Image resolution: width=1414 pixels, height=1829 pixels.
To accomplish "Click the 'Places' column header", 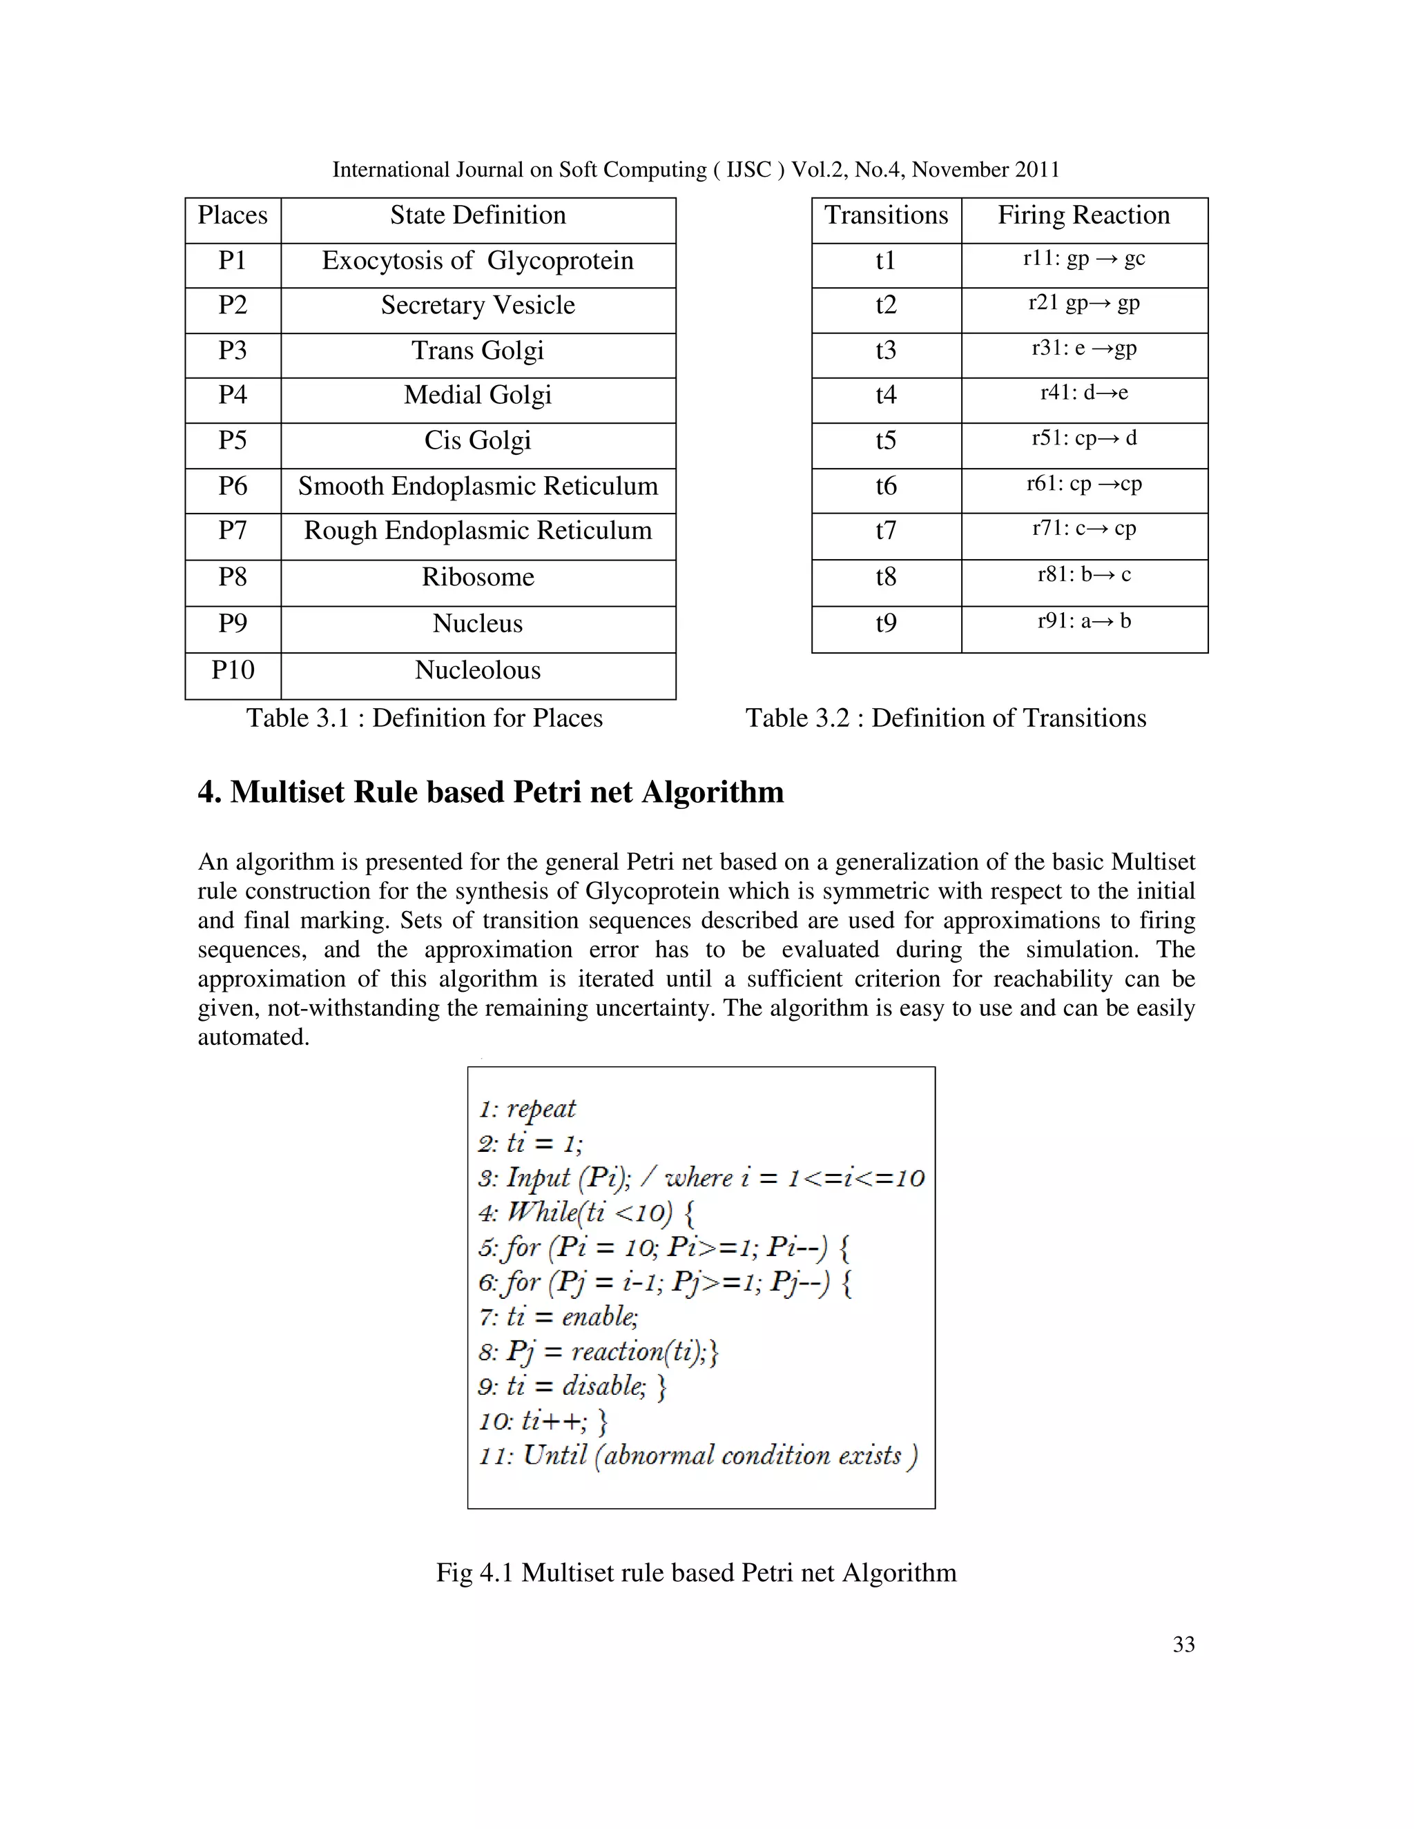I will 232,216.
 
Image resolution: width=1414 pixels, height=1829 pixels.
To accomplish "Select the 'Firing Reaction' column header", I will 1083,216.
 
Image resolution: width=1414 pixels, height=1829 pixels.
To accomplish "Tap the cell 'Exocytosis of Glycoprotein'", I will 478,262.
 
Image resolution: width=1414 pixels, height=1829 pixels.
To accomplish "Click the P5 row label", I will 232,440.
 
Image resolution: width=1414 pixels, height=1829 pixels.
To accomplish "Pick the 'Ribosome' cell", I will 478,578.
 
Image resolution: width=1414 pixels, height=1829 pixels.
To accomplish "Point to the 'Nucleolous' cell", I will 478,671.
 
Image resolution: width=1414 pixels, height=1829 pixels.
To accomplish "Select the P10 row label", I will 232,671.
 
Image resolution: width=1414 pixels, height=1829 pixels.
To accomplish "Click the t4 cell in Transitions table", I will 885,395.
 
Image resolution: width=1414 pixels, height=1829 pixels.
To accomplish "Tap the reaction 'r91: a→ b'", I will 1083,621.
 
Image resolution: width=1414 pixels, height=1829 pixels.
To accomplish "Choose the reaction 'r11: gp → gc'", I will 1083,259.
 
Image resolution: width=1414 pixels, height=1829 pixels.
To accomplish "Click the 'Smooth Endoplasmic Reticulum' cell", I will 478,487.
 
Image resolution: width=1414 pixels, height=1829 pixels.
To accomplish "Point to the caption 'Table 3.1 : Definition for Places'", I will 424,718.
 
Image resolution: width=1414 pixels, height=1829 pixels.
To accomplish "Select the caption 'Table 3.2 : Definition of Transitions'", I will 945,718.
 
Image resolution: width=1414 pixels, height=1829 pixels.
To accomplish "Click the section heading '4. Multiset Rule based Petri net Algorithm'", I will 490,792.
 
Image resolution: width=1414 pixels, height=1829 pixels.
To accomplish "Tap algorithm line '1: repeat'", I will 527,1109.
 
